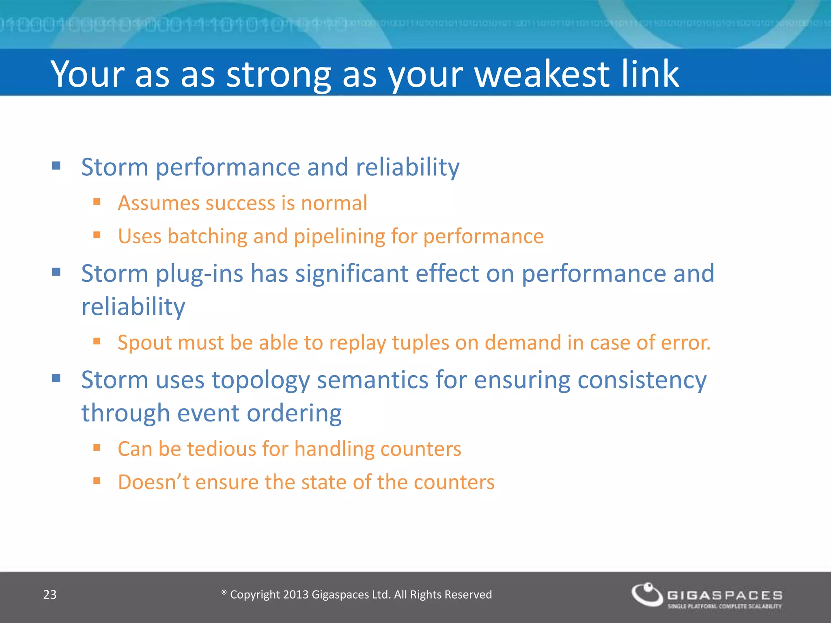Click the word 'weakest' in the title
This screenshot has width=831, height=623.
tap(542, 74)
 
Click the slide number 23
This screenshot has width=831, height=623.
tap(50, 595)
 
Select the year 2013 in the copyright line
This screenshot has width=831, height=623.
tap(296, 595)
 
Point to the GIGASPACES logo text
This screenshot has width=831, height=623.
tap(725, 595)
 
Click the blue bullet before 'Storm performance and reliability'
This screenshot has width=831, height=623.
tap(56, 165)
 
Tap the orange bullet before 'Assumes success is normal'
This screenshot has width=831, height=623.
tap(97, 202)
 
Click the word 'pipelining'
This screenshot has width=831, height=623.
tap(339, 236)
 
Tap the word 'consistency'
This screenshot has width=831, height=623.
tap(642, 380)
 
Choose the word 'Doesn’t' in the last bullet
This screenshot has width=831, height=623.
tap(153, 482)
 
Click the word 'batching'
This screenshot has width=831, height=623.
tap(207, 236)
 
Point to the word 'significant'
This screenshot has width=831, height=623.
tap(351, 274)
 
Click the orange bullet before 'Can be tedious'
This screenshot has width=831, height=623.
tap(97, 448)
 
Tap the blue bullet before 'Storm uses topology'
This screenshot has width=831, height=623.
tap(56, 378)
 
